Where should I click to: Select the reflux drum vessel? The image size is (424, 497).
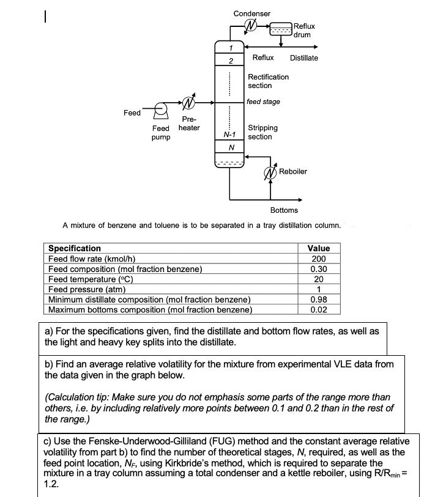tap(281, 29)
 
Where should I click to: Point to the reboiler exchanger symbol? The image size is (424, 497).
tap(269, 173)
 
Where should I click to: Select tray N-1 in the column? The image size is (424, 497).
tap(229, 134)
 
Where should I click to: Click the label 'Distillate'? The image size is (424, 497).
tap(304, 58)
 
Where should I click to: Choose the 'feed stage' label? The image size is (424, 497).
tap(263, 101)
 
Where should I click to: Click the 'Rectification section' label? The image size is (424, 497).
tap(268, 81)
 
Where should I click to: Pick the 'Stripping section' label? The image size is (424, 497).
tap(262, 132)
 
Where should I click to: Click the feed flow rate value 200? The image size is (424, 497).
tap(318, 259)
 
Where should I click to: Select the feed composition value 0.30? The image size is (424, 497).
tap(318, 269)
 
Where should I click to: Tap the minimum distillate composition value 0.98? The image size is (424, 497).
tap(318, 300)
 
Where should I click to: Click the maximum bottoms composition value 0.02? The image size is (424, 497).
tap(318, 310)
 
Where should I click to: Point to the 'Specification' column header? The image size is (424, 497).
tap(75, 248)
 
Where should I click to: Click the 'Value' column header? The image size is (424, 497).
tap(318, 248)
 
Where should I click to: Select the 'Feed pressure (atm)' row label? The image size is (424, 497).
tap(87, 289)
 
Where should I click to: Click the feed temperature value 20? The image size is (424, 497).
tap(318, 279)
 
